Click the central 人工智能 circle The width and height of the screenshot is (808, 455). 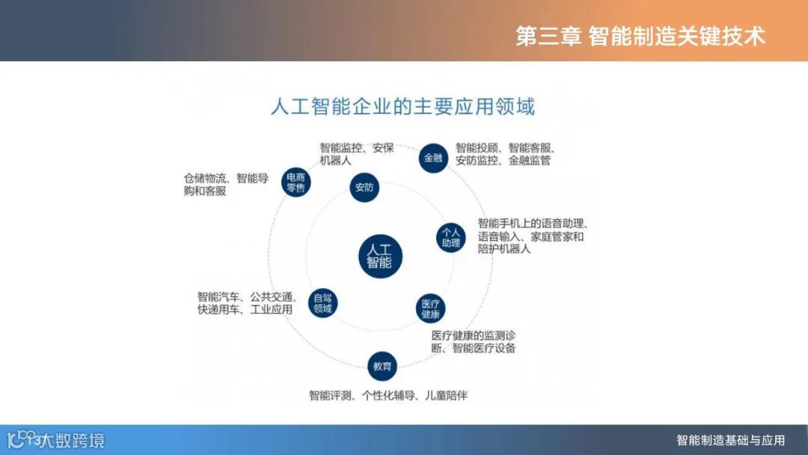pyautogui.click(x=380, y=255)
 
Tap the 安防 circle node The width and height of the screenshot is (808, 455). pyautogui.click(x=364, y=187)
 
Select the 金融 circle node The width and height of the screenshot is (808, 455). pyautogui.click(x=433, y=158)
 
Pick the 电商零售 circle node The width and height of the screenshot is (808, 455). pyautogui.click(x=296, y=183)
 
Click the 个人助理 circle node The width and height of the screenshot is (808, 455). pyautogui.click(x=450, y=236)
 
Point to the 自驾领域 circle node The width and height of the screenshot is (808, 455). pyautogui.click(x=322, y=303)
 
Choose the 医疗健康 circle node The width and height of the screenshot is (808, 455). pyautogui.click(x=430, y=308)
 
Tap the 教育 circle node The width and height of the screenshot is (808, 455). pyautogui.click(x=382, y=366)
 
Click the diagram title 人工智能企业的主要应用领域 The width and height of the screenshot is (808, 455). pyautogui.click(x=403, y=106)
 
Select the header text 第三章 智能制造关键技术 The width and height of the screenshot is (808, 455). pyautogui.click(x=640, y=36)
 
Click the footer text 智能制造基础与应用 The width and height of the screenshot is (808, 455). pyautogui.click(x=730, y=439)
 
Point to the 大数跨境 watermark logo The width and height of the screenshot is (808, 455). pyautogui.click(x=56, y=439)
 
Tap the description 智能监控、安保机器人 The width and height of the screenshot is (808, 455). pyautogui.click(x=356, y=153)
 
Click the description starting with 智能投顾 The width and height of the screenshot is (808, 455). pyautogui.click(x=508, y=153)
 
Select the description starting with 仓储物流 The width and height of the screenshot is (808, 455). pyautogui.click(x=226, y=184)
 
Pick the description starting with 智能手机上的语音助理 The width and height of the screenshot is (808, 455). pyautogui.click(x=533, y=236)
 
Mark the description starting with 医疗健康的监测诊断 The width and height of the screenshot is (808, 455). pyautogui.click(x=473, y=341)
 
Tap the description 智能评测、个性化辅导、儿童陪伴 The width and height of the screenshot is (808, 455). pyautogui.click(x=388, y=395)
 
